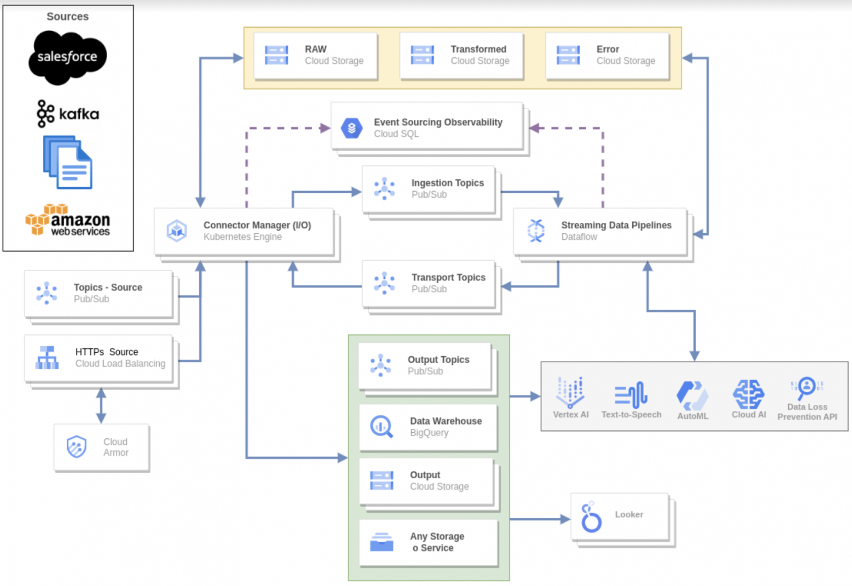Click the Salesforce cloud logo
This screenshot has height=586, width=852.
point(67,57)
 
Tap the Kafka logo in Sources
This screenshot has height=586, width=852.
point(68,114)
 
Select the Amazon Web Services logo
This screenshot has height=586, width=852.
point(68,221)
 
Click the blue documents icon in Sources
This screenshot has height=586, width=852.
point(68,162)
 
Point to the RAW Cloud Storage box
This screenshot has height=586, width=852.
point(316,56)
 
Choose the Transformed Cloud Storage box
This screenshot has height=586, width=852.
point(461,56)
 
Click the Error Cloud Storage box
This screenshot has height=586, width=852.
point(607,56)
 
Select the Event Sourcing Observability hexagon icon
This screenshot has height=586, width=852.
point(352,128)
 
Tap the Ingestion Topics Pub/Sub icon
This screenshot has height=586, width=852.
point(384,189)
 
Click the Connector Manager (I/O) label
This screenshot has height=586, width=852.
point(257,225)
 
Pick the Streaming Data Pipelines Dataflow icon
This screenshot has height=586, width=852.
point(536,231)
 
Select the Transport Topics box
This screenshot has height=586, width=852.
point(429,283)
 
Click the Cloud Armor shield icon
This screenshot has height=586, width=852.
point(77,447)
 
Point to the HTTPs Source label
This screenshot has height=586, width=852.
point(106,352)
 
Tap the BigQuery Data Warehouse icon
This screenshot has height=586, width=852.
point(382,427)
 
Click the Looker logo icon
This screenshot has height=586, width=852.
point(591,518)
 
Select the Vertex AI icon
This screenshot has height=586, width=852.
point(570,392)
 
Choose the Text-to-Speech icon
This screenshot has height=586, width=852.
point(631,395)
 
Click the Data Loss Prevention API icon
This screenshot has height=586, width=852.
point(807,388)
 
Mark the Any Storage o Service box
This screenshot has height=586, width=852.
point(428,542)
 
